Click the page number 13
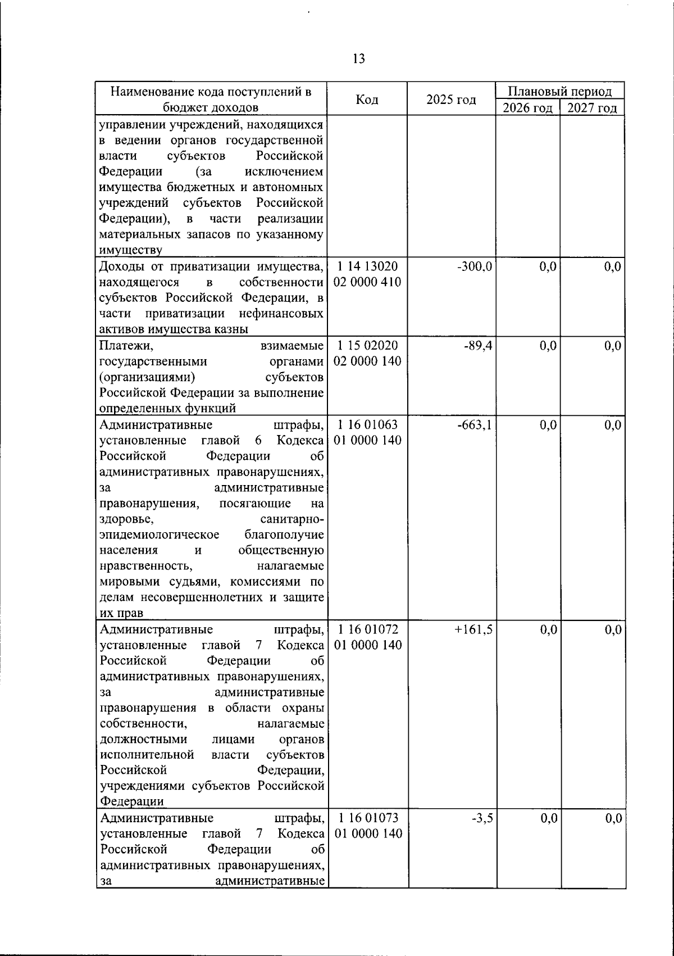coord(359,58)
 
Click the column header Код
coord(367,99)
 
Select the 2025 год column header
coord(451,99)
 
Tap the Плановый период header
coord(559,92)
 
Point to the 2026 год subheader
coord(527,108)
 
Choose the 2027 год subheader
coord(592,108)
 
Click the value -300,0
coord(475,266)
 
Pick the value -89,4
coord(477,346)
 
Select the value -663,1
coord(475,425)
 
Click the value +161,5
coord(473,630)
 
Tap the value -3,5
coord(482,818)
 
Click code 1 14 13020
coord(368,266)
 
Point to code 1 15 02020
coord(368,346)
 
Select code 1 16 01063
coord(368,425)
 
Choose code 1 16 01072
coord(368,630)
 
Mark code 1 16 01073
coord(368,818)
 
